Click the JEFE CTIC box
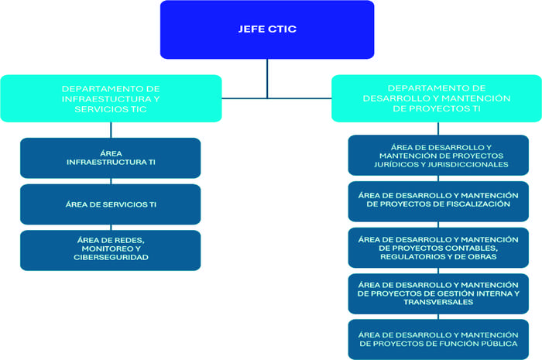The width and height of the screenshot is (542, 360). (x=267, y=29)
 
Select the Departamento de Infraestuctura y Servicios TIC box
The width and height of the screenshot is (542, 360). (x=111, y=98)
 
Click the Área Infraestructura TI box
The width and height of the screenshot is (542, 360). (x=111, y=157)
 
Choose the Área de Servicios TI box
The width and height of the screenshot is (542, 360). (x=111, y=204)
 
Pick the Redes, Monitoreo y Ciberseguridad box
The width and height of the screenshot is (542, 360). (x=111, y=249)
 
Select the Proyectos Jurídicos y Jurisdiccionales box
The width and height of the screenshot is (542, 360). (x=438, y=155)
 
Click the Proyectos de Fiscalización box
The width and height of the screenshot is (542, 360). (x=438, y=200)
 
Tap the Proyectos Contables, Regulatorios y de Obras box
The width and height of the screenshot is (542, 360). (x=438, y=247)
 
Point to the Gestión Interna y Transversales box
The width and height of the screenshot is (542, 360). (x=438, y=293)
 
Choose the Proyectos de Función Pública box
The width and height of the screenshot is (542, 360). (x=438, y=338)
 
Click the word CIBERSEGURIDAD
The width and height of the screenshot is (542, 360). (x=111, y=258)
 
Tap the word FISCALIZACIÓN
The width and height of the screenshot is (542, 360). (x=473, y=204)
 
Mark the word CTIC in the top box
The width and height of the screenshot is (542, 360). (x=282, y=29)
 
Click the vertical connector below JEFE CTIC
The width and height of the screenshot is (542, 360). (x=267, y=77)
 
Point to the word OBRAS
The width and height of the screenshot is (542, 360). (x=485, y=256)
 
